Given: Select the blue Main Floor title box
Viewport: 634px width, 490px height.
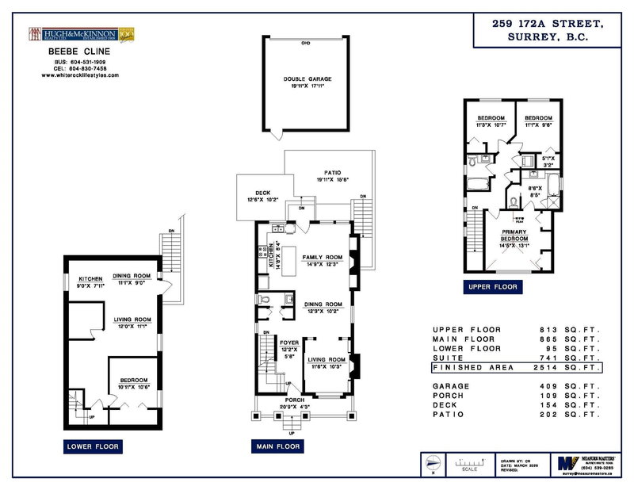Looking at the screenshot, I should pos(277,447).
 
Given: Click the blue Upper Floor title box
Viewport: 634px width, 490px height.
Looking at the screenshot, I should pos(492,286).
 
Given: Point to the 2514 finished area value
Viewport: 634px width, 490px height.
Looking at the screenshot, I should pos(552,368).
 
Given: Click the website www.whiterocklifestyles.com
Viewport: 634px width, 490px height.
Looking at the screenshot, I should pos(80,75).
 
